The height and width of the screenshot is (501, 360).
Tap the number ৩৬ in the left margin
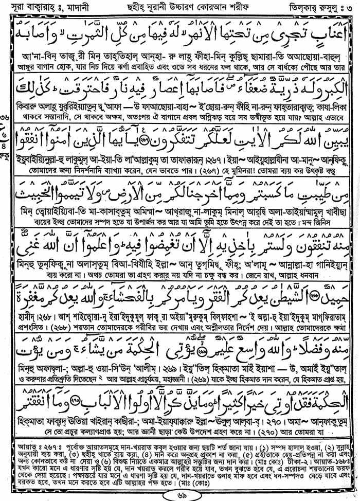[x=5, y=133]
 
